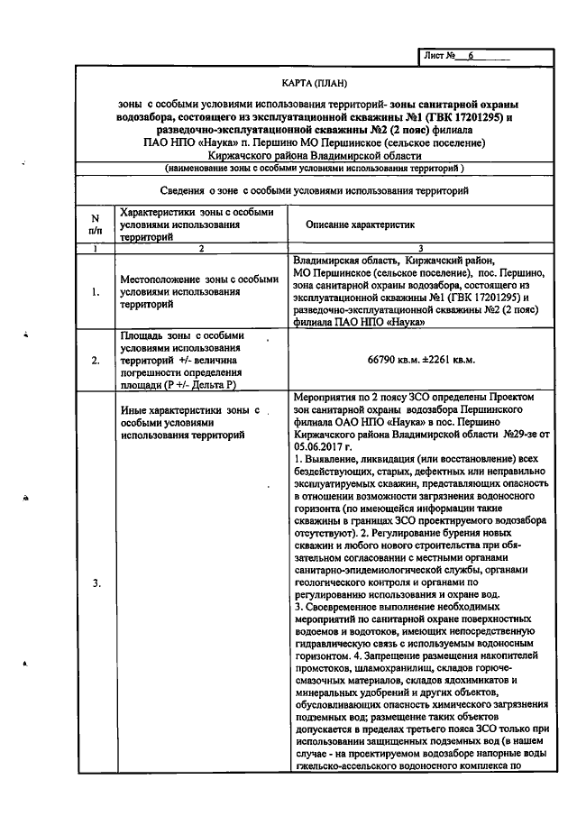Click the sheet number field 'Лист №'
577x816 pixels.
point(465,56)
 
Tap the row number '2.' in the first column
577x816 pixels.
point(96,360)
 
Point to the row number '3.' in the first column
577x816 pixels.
point(96,583)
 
